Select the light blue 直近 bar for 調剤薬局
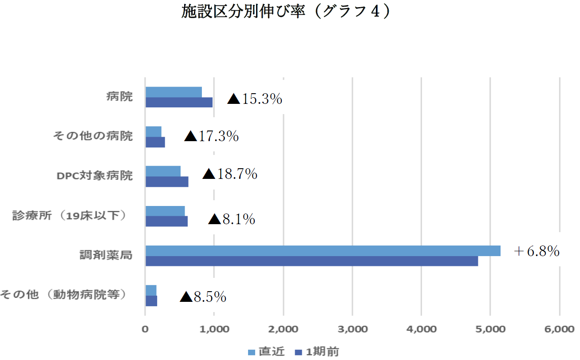[323, 251]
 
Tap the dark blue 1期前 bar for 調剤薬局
[312, 261]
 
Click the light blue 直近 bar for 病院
[174, 92]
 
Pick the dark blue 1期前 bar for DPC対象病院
[167, 182]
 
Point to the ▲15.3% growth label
[255, 99]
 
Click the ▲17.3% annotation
[212, 136]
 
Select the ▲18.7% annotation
[230, 174]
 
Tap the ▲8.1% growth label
[232, 219]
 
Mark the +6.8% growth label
[536, 252]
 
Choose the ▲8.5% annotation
[203, 297]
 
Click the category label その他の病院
[93, 136]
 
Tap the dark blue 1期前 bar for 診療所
[166, 221]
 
